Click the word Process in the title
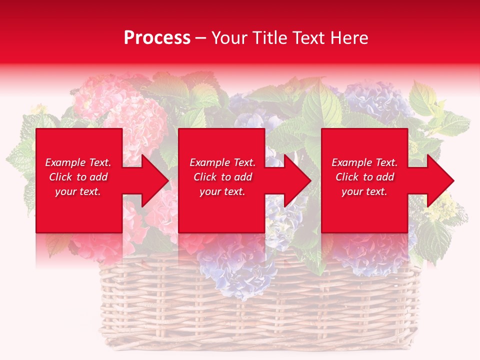[157, 38]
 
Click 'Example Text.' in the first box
[78, 162]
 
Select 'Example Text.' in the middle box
[222, 162]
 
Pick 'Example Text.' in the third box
[364, 162]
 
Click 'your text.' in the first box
[78, 191]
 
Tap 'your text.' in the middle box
[222, 191]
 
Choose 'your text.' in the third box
[364, 191]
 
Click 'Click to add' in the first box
[78, 177]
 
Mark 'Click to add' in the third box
[364, 177]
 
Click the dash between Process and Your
[201, 38]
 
